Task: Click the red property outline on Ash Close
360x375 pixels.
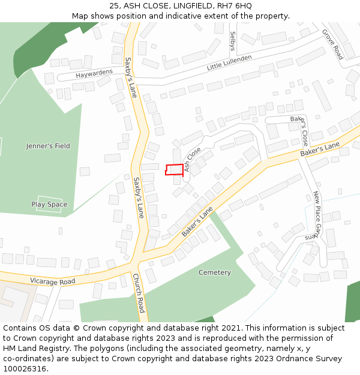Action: click(x=174, y=169)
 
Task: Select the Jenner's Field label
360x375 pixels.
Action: click(x=48, y=146)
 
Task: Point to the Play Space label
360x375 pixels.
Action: click(x=49, y=205)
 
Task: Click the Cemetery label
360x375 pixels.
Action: click(x=214, y=272)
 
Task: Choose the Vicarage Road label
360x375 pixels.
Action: click(x=52, y=281)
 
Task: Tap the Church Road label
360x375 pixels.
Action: click(x=139, y=293)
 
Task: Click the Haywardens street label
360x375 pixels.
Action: click(x=94, y=75)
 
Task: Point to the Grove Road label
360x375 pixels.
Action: click(x=332, y=44)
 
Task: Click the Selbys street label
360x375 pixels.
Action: click(x=233, y=41)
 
